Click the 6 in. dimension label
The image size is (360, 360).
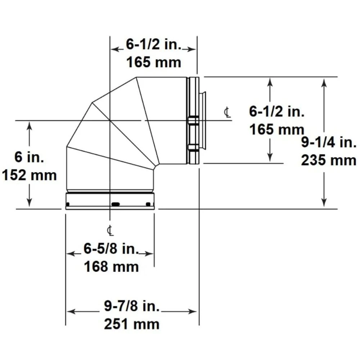tap(29, 157)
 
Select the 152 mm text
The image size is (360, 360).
tap(29, 175)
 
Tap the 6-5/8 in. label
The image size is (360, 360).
tap(111, 249)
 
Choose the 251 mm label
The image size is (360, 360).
tap(132, 324)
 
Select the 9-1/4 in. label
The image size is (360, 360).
tap(328, 143)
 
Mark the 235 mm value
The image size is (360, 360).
tap(328, 161)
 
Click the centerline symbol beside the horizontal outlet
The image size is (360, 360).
tap(227, 113)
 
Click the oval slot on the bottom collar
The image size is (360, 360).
tap(116, 204)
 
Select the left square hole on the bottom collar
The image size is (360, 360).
tap(68, 204)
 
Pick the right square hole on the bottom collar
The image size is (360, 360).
tap(148, 204)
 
